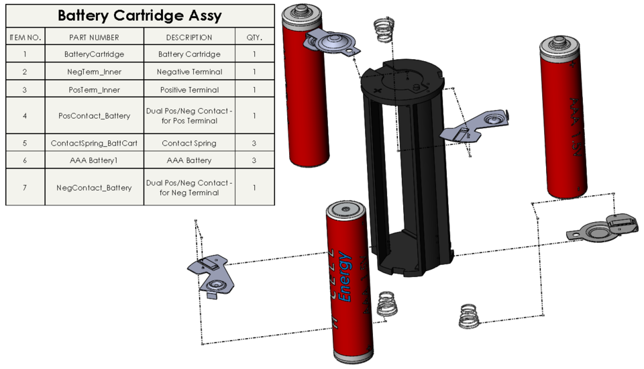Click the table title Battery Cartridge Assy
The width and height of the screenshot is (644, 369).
(140, 16)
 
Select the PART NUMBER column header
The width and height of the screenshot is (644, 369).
(94, 38)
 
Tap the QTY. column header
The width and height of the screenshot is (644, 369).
(254, 38)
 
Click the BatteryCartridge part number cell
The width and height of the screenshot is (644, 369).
(94, 54)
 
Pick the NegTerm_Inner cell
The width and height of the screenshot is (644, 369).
(94, 72)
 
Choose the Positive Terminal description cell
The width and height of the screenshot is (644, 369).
(189, 89)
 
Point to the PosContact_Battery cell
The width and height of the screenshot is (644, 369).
(94, 115)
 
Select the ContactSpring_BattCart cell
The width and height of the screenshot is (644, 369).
(94, 143)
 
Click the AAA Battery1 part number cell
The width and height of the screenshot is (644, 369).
(94, 160)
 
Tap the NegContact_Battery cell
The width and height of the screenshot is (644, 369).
(94, 187)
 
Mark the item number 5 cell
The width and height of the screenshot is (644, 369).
(25, 143)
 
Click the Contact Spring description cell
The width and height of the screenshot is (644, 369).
(189, 143)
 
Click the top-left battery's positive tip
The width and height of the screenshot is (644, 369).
(299, 10)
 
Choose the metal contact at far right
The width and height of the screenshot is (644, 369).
(600, 228)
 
